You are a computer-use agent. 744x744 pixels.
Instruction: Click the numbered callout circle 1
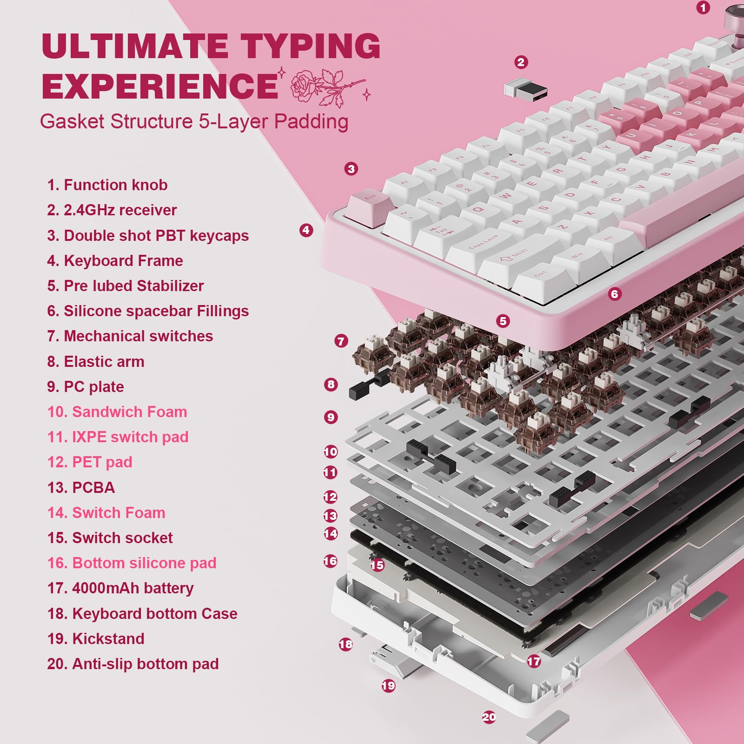[703, 7]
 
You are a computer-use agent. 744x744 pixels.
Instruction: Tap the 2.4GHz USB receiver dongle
[525, 88]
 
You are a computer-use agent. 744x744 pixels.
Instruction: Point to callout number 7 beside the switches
[341, 341]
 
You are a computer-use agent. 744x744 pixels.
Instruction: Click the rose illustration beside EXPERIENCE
[325, 86]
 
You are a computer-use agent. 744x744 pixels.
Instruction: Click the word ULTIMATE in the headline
[135, 46]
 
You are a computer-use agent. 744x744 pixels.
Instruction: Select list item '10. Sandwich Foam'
[117, 412]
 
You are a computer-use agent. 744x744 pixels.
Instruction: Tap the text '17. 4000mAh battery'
[120, 588]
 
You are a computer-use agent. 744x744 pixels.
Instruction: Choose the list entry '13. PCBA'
[81, 488]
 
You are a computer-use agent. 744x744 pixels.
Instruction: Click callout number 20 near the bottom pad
[489, 717]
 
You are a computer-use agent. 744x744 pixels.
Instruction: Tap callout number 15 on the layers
[377, 565]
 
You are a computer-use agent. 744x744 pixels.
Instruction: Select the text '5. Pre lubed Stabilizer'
[126, 286]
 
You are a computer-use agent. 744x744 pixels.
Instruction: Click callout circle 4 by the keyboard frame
[306, 230]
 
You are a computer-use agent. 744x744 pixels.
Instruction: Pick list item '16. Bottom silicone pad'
[132, 563]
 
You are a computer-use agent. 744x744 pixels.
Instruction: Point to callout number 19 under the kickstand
[388, 685]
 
